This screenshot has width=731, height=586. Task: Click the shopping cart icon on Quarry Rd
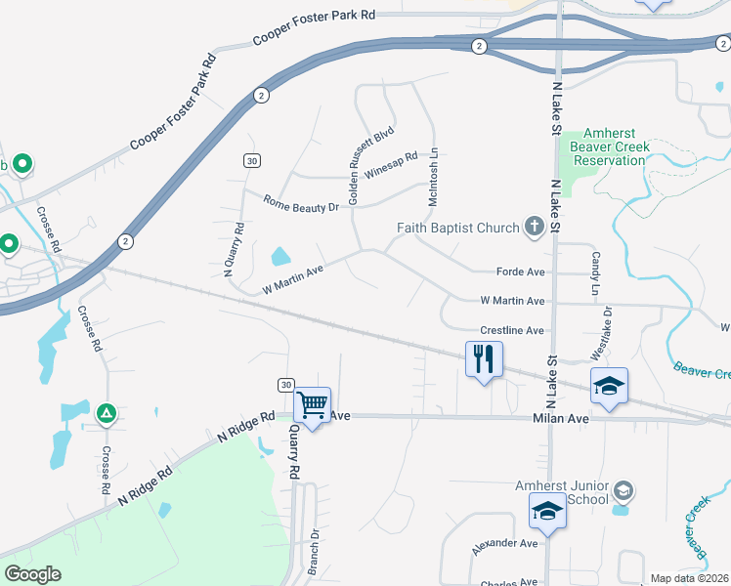click(312, 403)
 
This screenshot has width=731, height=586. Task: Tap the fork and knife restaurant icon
click(484, 358)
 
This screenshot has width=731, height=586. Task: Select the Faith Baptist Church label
click(457, 229)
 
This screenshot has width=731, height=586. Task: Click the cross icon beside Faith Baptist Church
click(534, 228)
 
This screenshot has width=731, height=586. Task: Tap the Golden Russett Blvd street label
click(370, 164)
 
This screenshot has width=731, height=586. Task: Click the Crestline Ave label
click(512, 331)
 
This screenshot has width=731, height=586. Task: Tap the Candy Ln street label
click(594, 273)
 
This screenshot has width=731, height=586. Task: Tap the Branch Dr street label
click(314, 552)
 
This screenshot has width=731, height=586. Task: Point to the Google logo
click(32, 574)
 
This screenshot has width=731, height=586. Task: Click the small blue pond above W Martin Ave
click(279, 257)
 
